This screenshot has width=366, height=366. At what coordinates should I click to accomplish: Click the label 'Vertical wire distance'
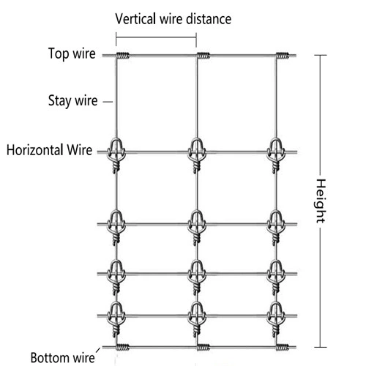173,19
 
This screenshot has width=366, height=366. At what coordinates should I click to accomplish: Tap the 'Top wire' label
72,53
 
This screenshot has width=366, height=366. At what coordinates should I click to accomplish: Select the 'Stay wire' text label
72,100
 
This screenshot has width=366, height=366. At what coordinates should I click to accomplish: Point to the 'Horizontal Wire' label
49,150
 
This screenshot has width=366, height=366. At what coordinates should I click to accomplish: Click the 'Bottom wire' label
62,358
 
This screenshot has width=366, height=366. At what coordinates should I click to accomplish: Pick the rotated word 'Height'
321,201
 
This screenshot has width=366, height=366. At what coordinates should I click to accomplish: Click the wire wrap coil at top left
122,56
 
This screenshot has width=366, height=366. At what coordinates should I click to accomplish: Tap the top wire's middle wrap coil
203,56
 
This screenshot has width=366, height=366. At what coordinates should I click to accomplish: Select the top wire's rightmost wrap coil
283,56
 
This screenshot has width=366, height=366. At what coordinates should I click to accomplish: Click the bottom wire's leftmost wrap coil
122,347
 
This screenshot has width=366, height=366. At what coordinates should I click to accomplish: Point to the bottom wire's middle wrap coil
203,347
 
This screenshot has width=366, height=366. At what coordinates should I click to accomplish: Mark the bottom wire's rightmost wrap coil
283,347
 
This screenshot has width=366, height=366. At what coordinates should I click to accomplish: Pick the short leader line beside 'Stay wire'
108,102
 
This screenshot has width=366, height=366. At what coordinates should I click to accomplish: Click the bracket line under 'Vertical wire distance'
156,37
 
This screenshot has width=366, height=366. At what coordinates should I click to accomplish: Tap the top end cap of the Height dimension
321,55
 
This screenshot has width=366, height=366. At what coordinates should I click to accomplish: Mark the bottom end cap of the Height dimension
321,347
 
